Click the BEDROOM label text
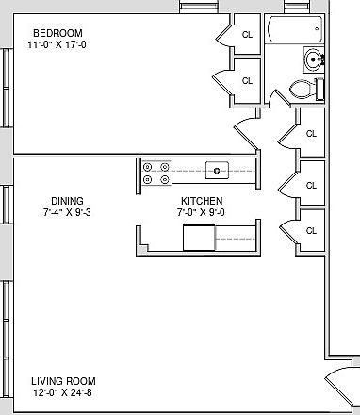click(57, 33)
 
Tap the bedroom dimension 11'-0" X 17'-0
click(57, 44)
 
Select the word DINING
click(67, 201)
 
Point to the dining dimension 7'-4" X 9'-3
click(67, 212)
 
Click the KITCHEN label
click(202, 201)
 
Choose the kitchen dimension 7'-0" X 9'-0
click(201, 212)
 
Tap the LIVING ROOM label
click(63, 381)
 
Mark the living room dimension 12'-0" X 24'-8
click(63, 392)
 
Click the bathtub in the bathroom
click(295, 29)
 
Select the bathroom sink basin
click(313, 59)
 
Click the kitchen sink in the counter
click(217, 171)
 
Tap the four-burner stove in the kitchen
click(156, 173)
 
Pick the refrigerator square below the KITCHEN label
click(199, 238)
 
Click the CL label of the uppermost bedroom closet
click(247, 35)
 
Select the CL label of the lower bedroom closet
click(247, 81)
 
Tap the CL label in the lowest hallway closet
click(311, 231)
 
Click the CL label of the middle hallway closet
click(311, 186)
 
